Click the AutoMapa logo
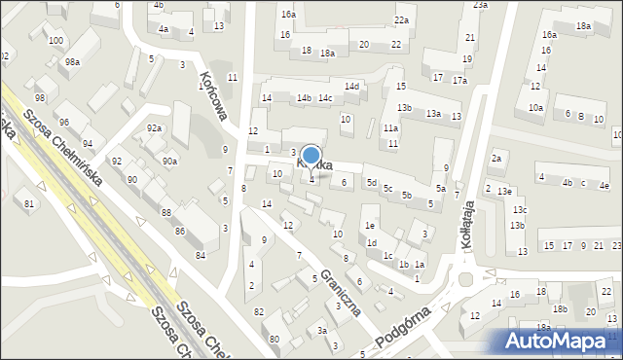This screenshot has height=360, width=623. tap(562, 341)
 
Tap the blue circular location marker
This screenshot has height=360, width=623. tap(311, 156)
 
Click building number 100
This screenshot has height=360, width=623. tap(56, 40)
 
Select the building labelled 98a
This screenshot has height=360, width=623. tap(72, 61)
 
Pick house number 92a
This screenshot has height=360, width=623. tap(154, 127)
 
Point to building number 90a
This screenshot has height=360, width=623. tap(169, 161)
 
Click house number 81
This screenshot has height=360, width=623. tap(29, 202)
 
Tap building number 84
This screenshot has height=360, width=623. tap(201, 255)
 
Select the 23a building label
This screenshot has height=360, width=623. tap(481, 5)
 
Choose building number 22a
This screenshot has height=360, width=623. tap(401, 19)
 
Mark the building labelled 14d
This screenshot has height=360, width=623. tap(351, 87)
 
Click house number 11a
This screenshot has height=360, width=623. tap(390, 127)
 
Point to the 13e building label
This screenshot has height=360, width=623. tap(503, 191)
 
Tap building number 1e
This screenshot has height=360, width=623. tap(370, 225)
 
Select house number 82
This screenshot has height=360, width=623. tap(258, 310)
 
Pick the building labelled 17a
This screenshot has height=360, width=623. tap(459, 80)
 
